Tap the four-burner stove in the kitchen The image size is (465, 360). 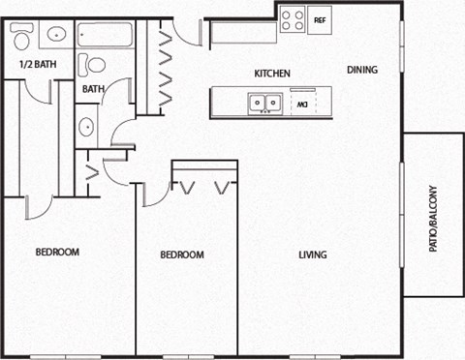click(293, 19)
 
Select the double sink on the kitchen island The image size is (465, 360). click(264, 102)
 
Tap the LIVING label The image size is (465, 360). click(312, 255)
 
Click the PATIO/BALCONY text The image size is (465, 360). click(433, 219)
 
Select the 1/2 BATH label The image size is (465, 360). click(36, 66)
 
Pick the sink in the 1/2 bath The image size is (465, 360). click(55, 35)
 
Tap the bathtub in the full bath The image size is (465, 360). click(107, 36)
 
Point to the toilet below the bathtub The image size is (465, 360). click(95, 65)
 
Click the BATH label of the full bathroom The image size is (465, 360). click(93, 90)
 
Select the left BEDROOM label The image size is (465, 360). click(57, 253)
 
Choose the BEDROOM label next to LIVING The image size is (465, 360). click(182, 255)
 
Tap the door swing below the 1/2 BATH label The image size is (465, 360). click(39, 93)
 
